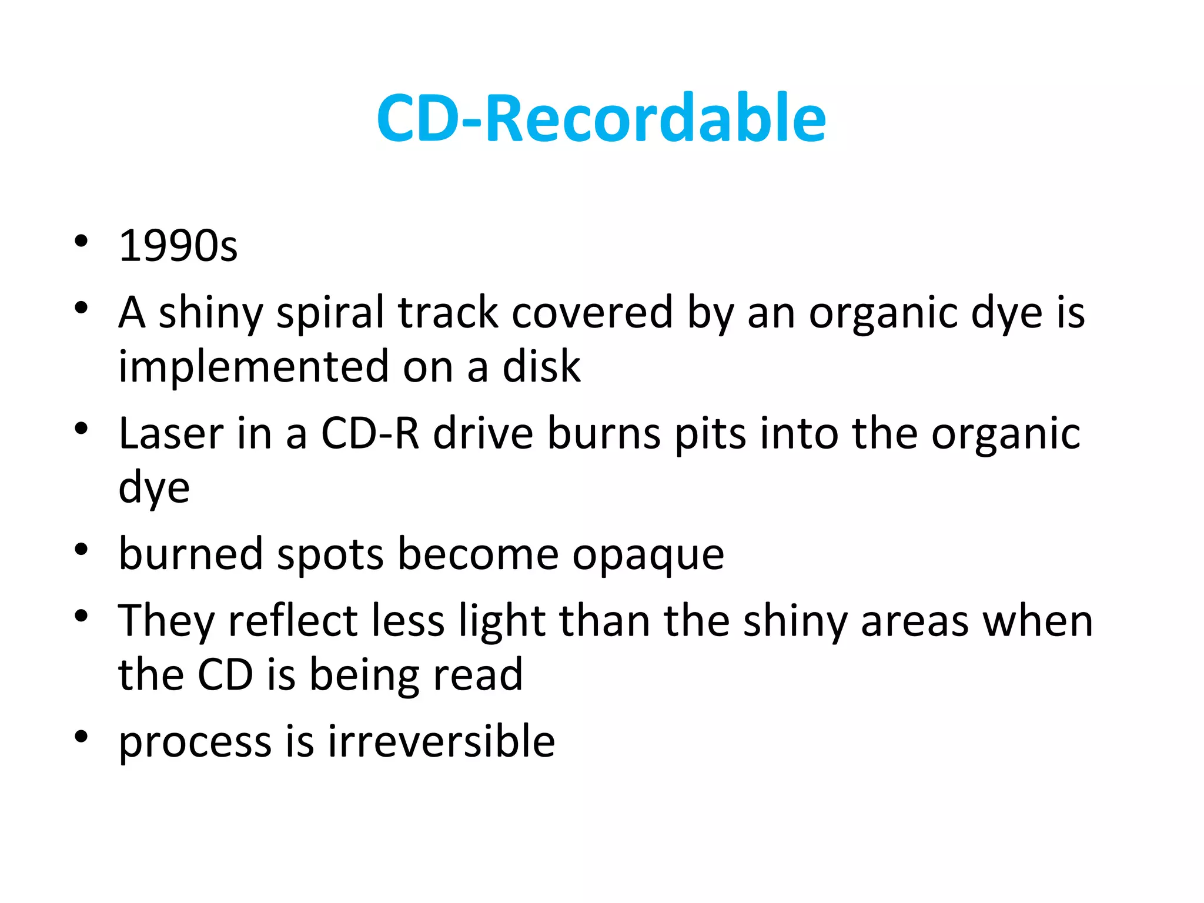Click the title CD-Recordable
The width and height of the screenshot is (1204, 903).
point(601,119)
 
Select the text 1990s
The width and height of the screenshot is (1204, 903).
point(178,246)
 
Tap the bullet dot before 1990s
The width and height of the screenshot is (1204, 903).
point(81,241)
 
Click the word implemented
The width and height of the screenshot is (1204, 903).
point(253,366)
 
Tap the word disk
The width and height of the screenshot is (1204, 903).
point(541,366)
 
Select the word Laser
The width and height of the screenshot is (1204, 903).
point(171,433)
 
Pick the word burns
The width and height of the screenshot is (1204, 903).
point(604,433)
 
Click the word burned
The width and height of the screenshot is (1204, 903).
point(190,554)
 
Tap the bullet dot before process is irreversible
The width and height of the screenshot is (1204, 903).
point(81,736)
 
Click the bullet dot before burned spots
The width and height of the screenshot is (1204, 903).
point(81,550)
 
